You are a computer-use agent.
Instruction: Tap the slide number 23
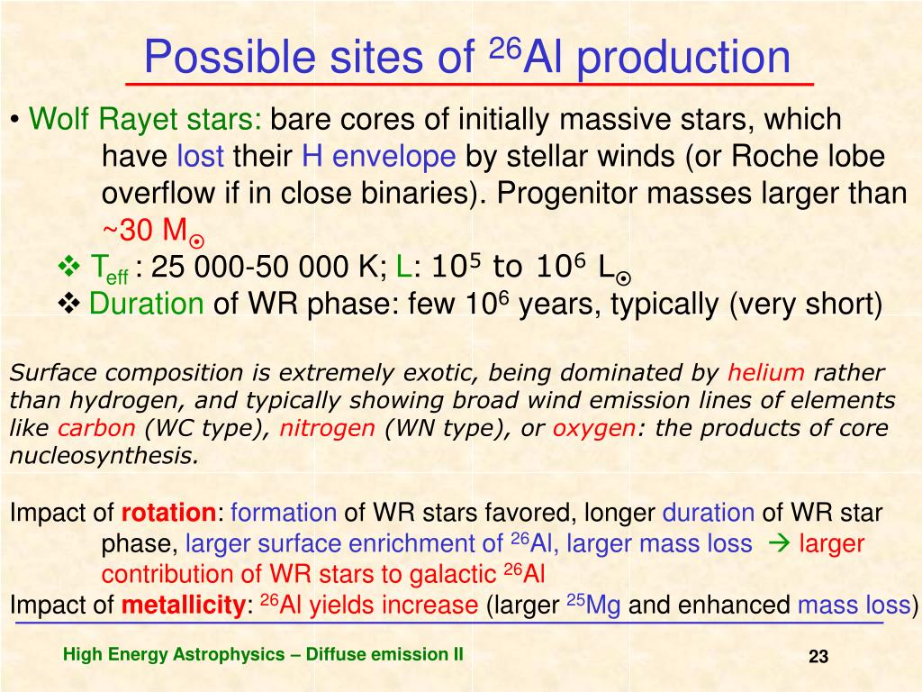click(818, 657)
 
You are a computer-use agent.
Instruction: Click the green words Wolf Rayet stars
click(145, 120)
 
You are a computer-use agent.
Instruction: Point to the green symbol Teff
click(109, 269)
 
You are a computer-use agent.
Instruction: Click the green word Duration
click(147, 304)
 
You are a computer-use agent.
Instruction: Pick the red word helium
click(765, 372)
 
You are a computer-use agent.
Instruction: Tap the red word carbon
click(96, 428)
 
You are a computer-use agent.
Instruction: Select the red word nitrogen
click(327, 428)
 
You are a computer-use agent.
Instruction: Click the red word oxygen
click(594, 428)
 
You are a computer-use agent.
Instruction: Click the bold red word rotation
click(168, 513)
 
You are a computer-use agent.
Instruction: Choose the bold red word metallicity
click(184, 605)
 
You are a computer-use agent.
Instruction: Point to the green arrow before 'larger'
click(779, 543)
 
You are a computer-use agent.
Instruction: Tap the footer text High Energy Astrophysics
click(174, 655)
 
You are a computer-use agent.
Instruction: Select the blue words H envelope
click(379, 157)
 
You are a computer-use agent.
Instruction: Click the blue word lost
click(200, 157)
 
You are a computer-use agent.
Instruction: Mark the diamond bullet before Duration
click(68, 305)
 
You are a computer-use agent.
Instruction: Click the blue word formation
click(284, 513)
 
